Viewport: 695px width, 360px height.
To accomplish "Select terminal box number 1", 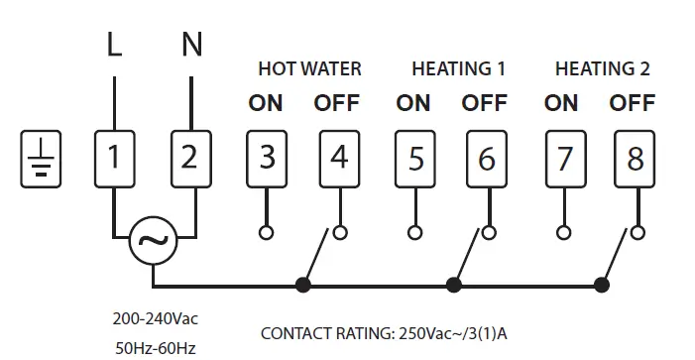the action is pyautogui.click(x=114, y=158).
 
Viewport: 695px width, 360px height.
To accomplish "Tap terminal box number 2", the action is pyautogui.click(x=190, y=158).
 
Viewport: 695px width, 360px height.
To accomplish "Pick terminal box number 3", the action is pyautogui.click(x=265, y=158).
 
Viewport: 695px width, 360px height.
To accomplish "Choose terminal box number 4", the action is pyautogui.click(x=339, y=158).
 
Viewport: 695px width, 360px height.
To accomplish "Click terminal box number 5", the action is pyautogui.click(x=414, y=158).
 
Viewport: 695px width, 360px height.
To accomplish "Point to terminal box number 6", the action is pyautogui.click(x=489, y=158).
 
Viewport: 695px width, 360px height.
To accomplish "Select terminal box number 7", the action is pyautogui.click(x=563, y=158).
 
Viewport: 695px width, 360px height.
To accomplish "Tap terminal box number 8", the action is pyautogui.click(x=636, y=158).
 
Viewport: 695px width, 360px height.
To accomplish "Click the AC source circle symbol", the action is pyautogui.click(x=153, y=241).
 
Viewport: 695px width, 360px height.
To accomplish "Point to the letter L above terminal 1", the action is pyautogui.click(x=114, y=45).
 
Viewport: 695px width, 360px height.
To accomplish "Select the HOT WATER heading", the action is pyautogui.click(x=309, y=69).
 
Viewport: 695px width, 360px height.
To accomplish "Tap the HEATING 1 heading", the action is pyautogui.click(x=458, y=69).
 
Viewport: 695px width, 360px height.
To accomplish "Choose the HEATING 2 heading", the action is pyautogui.click(x=602, y=69).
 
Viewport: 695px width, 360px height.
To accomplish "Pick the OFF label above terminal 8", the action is pyautogui.click(x=633, y=103).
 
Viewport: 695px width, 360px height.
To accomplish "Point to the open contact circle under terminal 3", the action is pyautogui.click(x=265, y=233).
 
